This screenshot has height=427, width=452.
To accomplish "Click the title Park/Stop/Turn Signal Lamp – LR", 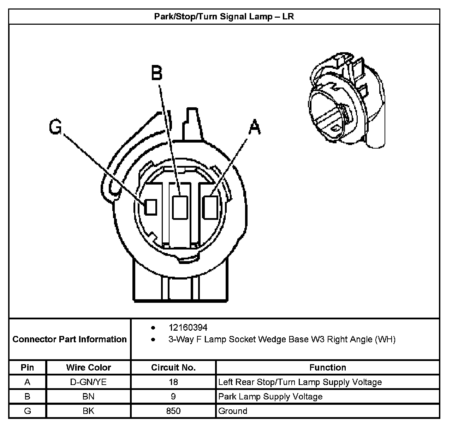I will pyautogui.click(x=224, y=17).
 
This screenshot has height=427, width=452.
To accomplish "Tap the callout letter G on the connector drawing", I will pyautogui.click(x=55, y=127).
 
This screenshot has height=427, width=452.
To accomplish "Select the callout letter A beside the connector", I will pyautogui.click(x=254, y=127).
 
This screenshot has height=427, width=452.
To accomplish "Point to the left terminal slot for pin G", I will pyautogui.click(x=151, y=207).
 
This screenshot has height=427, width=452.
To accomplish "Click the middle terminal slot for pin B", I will pyautogui.click(x=180, y=207).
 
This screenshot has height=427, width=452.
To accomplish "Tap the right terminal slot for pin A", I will pyautogui.click(x=211, y=207).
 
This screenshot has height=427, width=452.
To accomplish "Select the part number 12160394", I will pyautogui.click(x=188, y=328).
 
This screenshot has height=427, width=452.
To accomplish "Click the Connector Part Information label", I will pyautogui.click(x=70, y=339).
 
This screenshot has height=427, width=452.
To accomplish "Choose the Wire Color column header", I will pyautogui.click(x=88, y=368).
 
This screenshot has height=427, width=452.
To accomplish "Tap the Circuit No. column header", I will pyautogui.click(x=173, y=368).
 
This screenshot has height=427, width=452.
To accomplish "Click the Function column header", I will pyautogui.click(x=327, y=368).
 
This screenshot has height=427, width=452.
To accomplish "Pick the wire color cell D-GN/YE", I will pyautogui.click(x=88, y=382).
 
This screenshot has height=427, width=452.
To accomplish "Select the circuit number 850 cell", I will pyautogui.click(x=173, y=411).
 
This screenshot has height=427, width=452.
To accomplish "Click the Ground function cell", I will pyautogui.click(x=233, y=411).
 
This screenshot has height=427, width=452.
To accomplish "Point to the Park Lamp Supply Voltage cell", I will pyautogui.click(x=270, y=397).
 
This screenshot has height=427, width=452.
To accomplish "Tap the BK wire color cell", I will pyautogui.click(x=88, y=411).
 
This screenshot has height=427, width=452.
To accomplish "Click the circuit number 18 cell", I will pyautogui.click(x=173, y=382).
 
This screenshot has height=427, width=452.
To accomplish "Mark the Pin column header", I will pyautogui.click(x=28, y=368).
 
